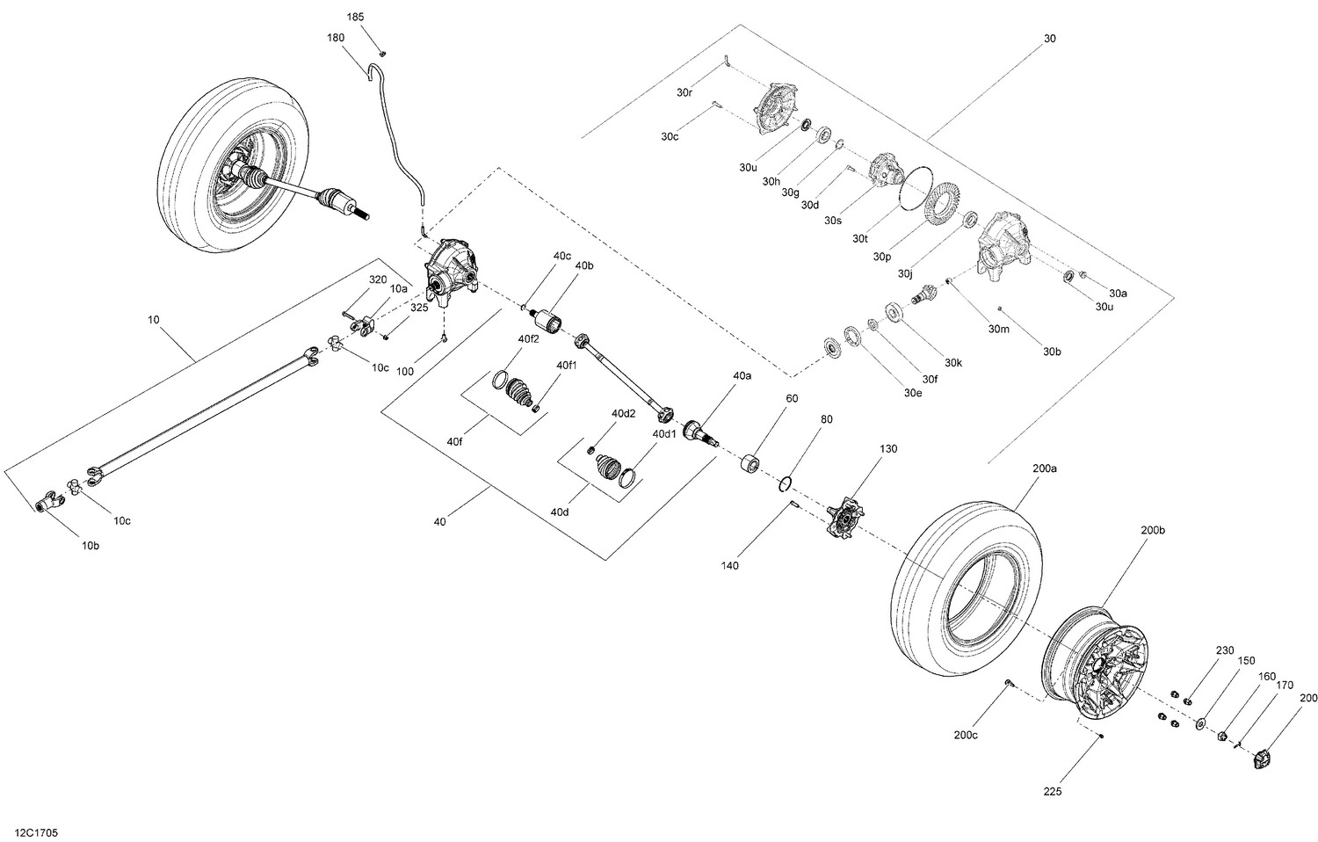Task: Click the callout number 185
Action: pos(355,17)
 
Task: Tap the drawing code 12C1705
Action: pos(31,831)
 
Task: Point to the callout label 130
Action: pos(888,448)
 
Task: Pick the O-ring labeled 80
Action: pos(786,483)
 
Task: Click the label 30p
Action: pos(882,257)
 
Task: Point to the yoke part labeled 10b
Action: pos(49,504)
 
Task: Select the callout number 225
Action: pos(1053,792)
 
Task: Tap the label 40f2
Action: pos(528,338)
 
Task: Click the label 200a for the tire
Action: pos(1044,468)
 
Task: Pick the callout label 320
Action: pos(377,279)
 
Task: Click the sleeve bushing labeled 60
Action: pos(751,463)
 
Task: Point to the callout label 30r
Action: pos(685,91)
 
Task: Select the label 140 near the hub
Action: pos(728,565)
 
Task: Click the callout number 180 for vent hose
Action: pos(335,38)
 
